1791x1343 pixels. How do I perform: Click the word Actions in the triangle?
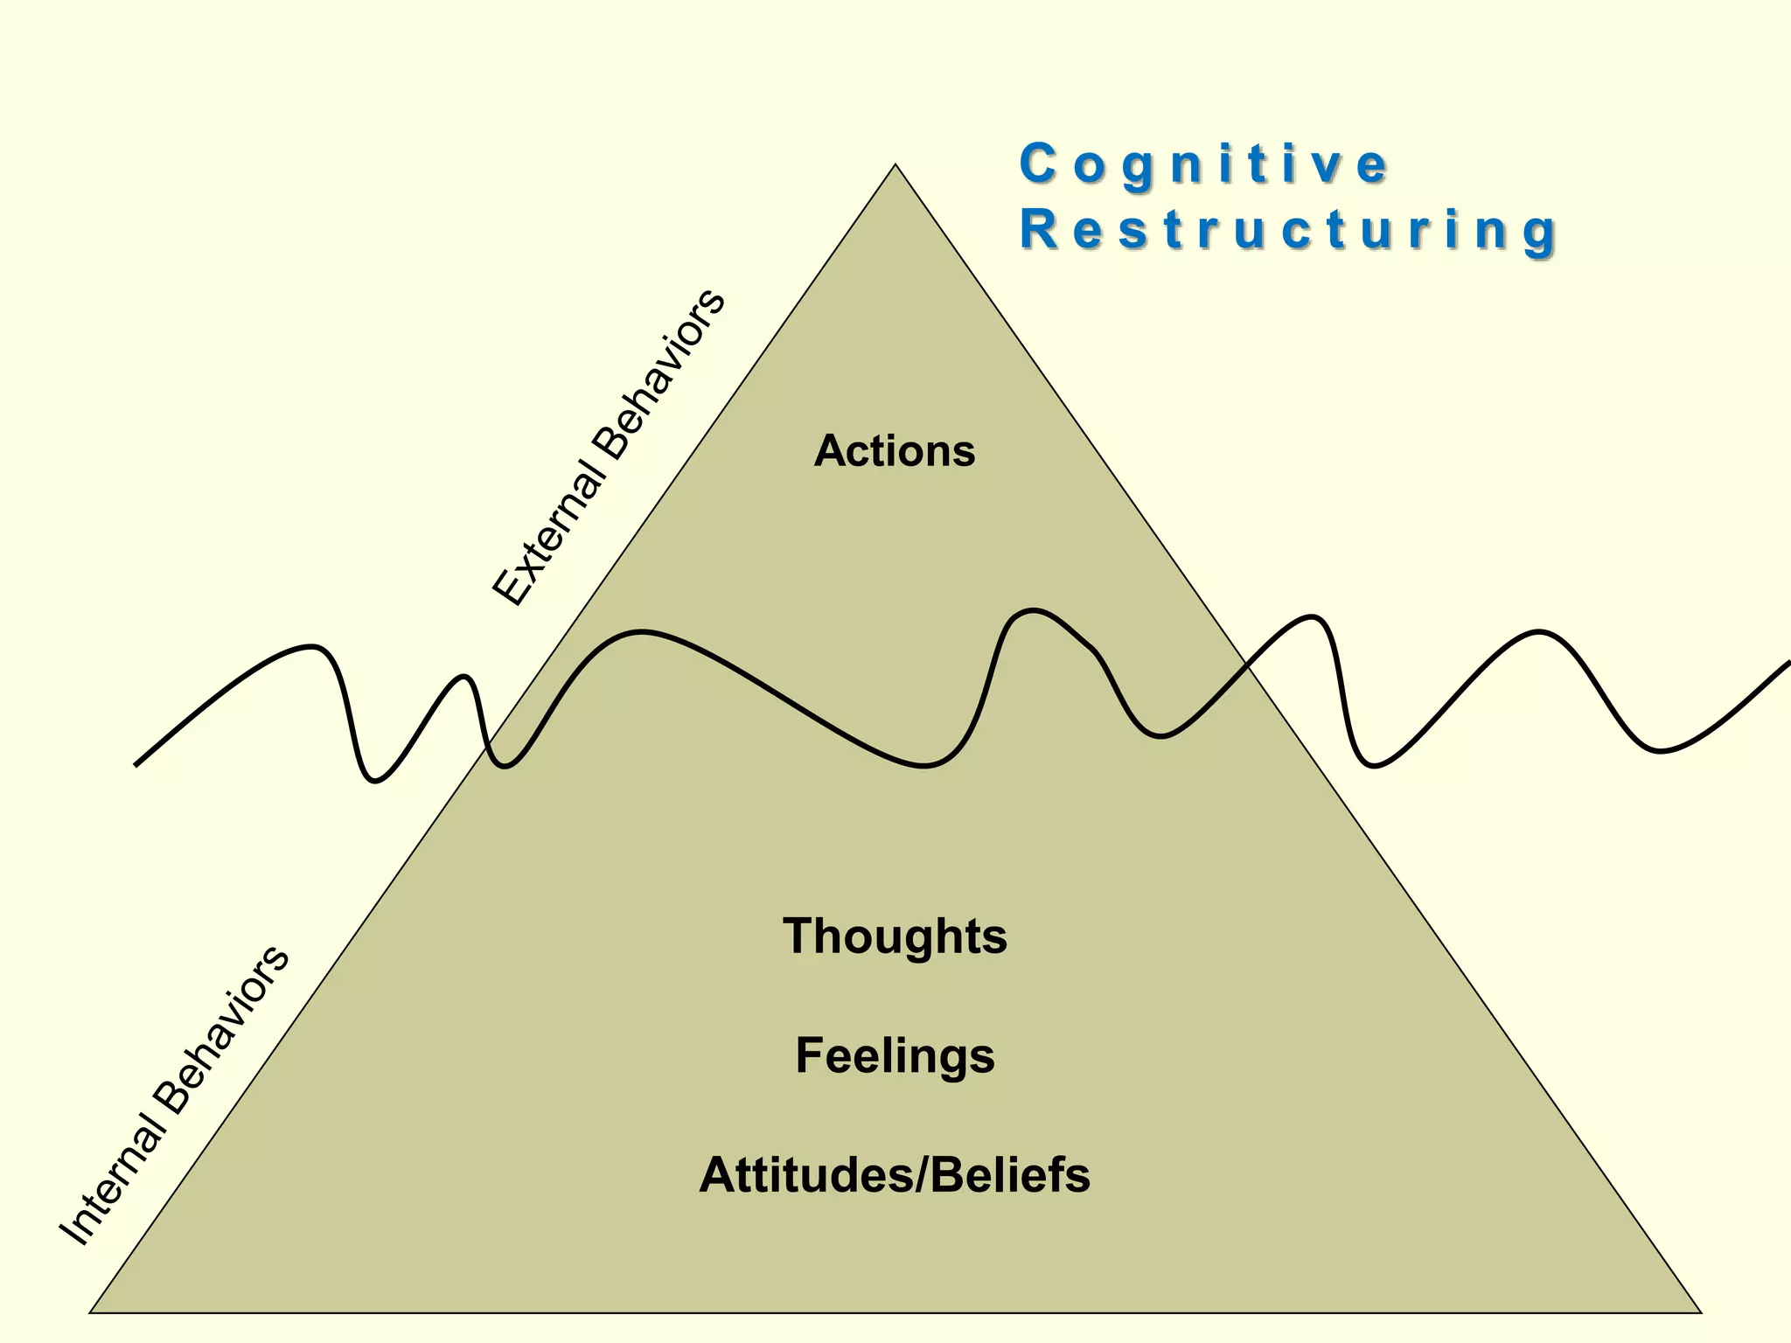(x=894, y=452)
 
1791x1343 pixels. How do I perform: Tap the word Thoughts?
(x=895, y=936)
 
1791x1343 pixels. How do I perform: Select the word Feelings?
(x=895, y=1055)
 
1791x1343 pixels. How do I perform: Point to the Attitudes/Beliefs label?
(x=895, y=1175)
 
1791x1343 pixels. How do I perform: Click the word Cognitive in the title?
(x=1203, y=165)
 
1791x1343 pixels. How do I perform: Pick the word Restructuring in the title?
(x=1287, y=231)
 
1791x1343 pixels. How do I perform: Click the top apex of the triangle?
(x=895, y=164)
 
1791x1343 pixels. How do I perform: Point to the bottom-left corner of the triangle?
(x=90, y=1312)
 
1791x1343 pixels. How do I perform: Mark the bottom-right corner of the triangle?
(x=1701, y=1312)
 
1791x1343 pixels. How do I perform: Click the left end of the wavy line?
(x=136, y=765)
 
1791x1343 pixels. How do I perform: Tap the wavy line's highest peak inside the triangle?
(x=1034, y=610)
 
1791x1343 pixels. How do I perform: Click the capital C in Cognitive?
(x=1037, y=164)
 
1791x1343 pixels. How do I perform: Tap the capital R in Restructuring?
(x=1038, y=231)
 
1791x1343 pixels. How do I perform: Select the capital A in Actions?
(x=831, y=452)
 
